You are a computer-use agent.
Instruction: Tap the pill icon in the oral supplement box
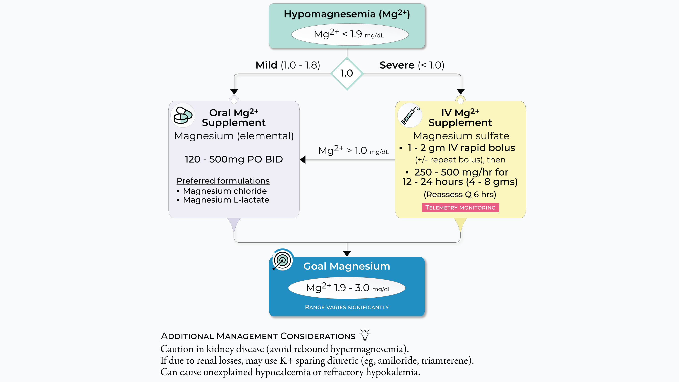click(183, 115)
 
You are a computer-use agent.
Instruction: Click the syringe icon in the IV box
click(410, 115)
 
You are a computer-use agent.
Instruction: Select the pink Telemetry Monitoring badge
click(460, 208)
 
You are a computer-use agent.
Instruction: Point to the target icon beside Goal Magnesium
click(282, 260)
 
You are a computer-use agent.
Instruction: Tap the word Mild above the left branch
click(266, 65)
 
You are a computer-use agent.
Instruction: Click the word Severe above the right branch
click(397, 65)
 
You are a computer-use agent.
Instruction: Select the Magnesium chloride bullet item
click(225, 191)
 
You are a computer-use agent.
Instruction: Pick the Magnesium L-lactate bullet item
click(226, 200)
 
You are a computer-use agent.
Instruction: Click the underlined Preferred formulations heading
click(223, 181)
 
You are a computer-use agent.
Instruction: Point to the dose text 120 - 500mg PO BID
click(234, 159)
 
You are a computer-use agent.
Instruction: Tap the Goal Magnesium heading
click(347, 266)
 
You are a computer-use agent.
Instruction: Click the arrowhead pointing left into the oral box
click(303, 160)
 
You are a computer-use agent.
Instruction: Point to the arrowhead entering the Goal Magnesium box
click(347, 254)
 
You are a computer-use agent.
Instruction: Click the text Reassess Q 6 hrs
click(460, 195)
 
